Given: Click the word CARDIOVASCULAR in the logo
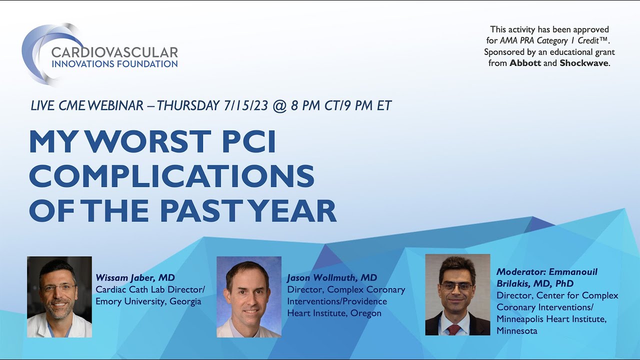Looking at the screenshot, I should tap(114, 52).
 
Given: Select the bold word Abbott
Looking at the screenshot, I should tap(525, 63).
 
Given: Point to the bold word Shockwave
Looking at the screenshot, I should tap(584, 63).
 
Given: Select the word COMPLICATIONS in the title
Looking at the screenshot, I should tap(171, 176).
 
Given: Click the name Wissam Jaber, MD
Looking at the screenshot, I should tap(135, 277).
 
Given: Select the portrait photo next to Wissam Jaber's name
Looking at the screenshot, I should tap(59, 297).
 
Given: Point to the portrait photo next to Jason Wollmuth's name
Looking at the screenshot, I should tap(248, 297).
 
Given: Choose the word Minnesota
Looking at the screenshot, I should tap(517, 330).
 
